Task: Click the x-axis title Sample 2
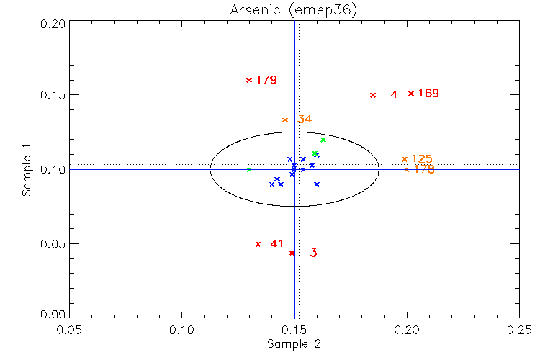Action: tap(294, 344)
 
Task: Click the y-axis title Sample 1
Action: tap(27, 170)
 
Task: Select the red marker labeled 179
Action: tap(249, 80)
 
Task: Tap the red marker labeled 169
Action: tap(411, 94)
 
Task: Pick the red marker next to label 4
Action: tap(373, 95)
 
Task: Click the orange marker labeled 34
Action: tap(285, 120)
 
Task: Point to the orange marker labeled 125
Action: tap(405, 158)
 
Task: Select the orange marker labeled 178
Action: tap(407, 170)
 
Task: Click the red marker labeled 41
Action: tap(258, 244)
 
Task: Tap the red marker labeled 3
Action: tap(292, 253)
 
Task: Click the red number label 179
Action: tap(266, 80)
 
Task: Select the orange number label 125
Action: tap(422, 158)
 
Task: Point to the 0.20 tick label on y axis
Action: tap(54, 22)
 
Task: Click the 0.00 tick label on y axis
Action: tap(54, 315)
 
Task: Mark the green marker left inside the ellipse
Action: tap(248, 170)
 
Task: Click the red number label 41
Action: tap(277, 243)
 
